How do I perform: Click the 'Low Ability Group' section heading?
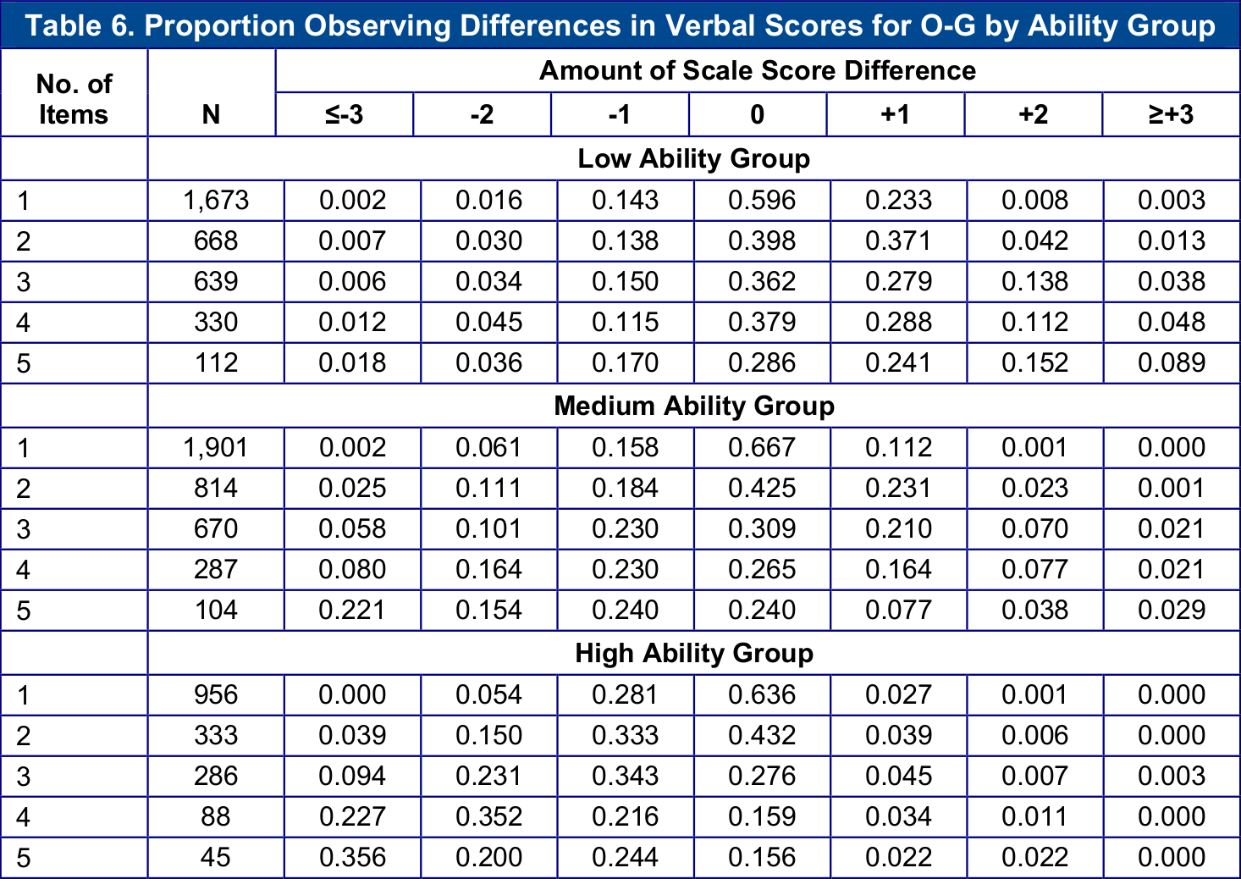(693, 158)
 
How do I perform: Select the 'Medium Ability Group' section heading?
(693, 406)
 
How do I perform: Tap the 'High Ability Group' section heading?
(693, 653)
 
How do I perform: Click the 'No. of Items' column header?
(74, 99)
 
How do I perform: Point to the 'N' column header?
(211, 114)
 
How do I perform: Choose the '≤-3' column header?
(344, 114)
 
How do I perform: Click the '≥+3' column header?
(1171, 114)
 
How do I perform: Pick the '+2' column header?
(1033, 114)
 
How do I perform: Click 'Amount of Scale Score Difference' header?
(757, 70)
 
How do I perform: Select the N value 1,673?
(216, 201)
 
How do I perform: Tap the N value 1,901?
(216, 448)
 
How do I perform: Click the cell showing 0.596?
(762, 201)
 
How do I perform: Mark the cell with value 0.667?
(762, 448)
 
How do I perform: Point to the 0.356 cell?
(352, 857)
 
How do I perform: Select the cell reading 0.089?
(1171, 363)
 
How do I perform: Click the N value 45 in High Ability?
(216, 857)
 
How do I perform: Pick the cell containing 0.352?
(488, 816)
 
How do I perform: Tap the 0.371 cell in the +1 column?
(898, 241)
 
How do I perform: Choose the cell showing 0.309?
(762, 529)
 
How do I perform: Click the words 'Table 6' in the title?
(78, 25)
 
